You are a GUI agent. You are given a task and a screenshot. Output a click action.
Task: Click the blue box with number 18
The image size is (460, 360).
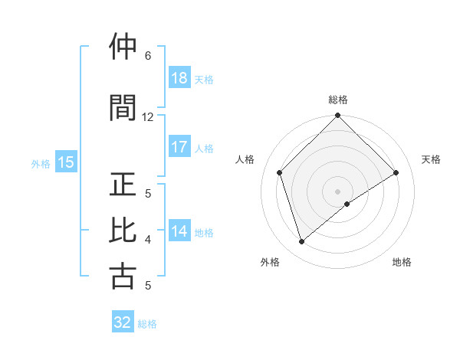[179, 78]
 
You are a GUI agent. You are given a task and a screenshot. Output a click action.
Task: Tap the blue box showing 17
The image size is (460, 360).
[179, 147]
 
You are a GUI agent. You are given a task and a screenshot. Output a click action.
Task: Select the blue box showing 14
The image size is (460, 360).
[179, 231]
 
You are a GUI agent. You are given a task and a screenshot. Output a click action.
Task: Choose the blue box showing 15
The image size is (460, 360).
[65, 162]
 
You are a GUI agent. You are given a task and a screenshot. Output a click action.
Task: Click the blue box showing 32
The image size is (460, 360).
[123, 322]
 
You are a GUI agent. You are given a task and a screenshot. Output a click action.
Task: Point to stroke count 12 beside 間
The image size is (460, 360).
[148, 117]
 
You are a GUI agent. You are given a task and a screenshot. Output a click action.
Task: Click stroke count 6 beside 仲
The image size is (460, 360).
[148, 56]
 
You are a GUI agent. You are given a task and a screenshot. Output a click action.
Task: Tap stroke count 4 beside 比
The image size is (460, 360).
[148, 240]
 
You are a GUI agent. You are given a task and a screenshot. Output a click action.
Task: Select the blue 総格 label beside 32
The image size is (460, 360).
[147, 324]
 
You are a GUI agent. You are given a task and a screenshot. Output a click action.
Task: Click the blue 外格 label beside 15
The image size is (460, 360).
[41, 163]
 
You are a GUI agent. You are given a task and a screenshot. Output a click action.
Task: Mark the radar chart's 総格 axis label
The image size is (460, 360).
[338, 100]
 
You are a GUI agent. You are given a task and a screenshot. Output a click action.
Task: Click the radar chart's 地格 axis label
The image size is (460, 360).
[402, 262]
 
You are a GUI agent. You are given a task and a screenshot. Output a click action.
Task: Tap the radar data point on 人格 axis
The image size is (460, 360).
[280, 172]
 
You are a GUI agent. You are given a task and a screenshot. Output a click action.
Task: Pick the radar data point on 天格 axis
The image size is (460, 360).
[396, 172]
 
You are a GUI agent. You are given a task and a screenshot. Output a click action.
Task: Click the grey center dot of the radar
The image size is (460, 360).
[338, 191]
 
